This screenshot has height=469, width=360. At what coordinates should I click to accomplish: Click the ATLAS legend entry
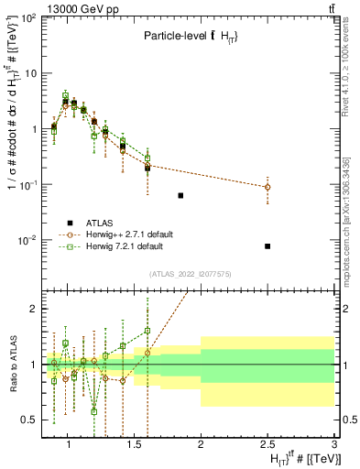(100, 223)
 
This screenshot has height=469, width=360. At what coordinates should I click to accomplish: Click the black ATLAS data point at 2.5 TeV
(267, 245)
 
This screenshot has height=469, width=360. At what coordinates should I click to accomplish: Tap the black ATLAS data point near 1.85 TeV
(180, 195)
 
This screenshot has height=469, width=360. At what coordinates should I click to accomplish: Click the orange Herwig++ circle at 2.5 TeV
(267, 187)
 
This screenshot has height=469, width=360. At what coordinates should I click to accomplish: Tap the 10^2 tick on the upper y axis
(27, 17)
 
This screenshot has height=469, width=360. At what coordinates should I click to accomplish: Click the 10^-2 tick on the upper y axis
(27, 241)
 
